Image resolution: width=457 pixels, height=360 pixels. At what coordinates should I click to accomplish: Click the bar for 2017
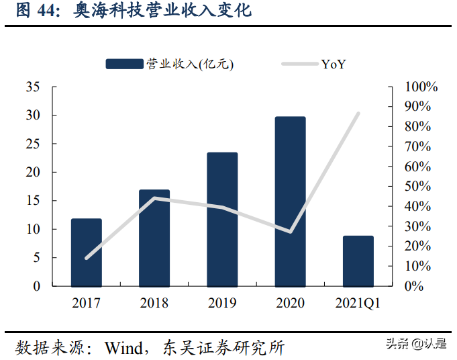coord(87,252)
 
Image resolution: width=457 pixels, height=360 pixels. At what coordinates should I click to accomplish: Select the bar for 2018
coord(154,238)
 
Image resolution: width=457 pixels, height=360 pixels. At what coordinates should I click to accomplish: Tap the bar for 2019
coord(222,219)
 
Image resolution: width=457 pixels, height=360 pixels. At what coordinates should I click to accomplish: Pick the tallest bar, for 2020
coord(290,201)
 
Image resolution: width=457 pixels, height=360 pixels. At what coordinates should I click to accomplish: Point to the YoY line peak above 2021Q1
coord(358,114)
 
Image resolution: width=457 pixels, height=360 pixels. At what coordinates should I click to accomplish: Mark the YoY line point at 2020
coord(290,232)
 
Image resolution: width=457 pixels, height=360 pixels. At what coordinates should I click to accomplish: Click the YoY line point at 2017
coord(87,258)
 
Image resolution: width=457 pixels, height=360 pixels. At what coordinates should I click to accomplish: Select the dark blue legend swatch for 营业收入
coord(125,64)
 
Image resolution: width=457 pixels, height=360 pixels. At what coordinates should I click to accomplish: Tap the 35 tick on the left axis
coord(32,87)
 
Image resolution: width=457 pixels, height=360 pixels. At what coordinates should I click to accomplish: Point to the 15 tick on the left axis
coord(32,201)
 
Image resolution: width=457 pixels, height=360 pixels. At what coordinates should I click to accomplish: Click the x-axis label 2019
coord(222,303)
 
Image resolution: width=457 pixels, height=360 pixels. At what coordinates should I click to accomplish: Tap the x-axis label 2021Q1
coord(358,303)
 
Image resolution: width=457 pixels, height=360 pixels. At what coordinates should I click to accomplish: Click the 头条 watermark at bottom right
coord(397,344)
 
